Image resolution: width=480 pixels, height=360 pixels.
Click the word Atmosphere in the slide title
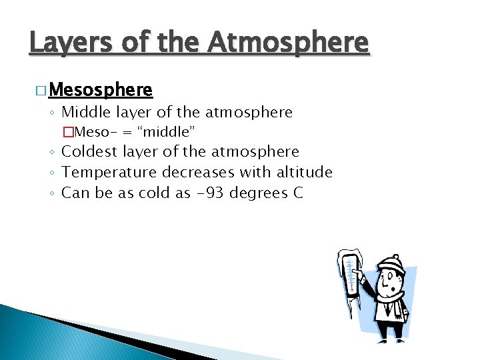288,43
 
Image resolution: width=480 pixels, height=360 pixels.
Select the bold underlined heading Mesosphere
101,89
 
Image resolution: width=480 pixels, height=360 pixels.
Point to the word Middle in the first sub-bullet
85,112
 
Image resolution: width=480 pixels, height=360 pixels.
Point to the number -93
203,193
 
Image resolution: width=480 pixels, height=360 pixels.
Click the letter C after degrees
297,193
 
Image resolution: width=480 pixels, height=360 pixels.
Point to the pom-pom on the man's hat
395,255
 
